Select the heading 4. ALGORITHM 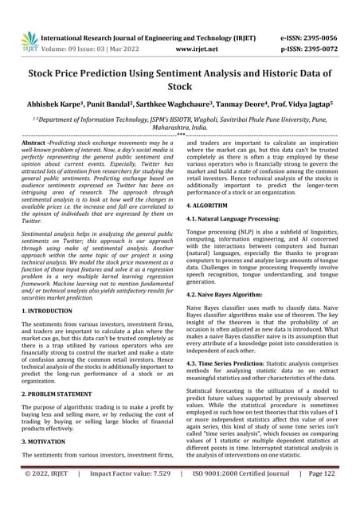click(213, 202)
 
